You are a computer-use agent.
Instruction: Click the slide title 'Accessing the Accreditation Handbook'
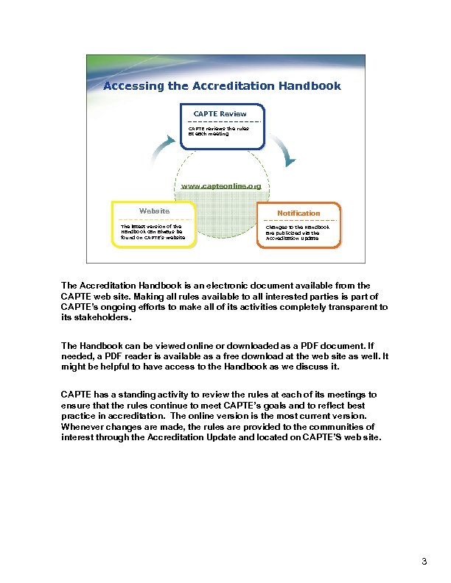point(222,86)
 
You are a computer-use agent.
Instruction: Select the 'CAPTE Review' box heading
point(220,114)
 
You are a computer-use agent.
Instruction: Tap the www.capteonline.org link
point(221,186)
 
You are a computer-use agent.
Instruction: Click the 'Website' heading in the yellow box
point(154,211)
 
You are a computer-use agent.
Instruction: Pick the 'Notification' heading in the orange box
point(298,213)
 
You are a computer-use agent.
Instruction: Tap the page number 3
point(424,562)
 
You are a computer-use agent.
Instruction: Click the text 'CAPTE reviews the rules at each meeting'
point(218,131)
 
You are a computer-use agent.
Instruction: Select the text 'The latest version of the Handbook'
point(151,230)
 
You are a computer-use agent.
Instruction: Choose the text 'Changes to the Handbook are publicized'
point(298,230)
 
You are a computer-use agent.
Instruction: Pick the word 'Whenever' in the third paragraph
point(83,427)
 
